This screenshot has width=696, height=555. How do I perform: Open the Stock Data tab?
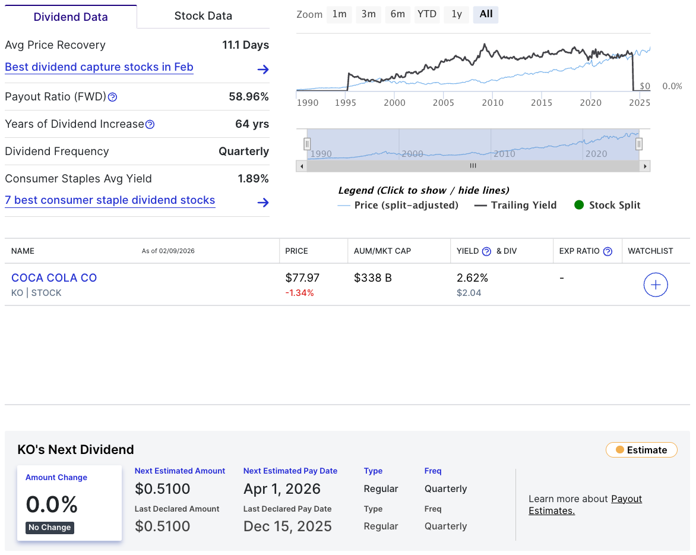tap(203, 16)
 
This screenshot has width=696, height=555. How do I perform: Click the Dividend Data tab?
tap(71, 17)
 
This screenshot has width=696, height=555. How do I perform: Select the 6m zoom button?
tap(397, 14)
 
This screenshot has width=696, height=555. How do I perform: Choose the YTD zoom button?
tap(426, 14)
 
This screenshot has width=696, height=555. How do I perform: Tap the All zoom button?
tap(486, 14)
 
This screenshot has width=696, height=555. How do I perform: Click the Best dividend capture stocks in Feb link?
tap(99, 67)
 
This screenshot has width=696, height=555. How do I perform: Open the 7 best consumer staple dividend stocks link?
tap(110, 200)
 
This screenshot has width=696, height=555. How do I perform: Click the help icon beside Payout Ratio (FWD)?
tap(113, 97)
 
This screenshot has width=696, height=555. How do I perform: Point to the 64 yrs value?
tap(252, 124)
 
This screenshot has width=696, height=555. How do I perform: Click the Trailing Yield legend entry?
tap(515, 205)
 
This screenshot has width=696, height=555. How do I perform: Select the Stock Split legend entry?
tap(607, 205)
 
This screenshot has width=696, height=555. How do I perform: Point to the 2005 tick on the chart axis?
tap(444, 102)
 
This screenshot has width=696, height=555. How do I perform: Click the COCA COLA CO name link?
tap(54, 277)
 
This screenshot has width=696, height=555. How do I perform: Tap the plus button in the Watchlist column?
tap(656, 285)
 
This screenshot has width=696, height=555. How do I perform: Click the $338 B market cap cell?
tap(372, 277)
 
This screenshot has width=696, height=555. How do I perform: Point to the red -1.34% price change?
tap(299, 293)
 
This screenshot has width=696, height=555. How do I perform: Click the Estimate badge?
tap(641, 450)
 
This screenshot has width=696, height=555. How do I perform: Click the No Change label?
tap(50, 528)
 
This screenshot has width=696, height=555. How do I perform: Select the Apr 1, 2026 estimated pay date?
tap(282, 489)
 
